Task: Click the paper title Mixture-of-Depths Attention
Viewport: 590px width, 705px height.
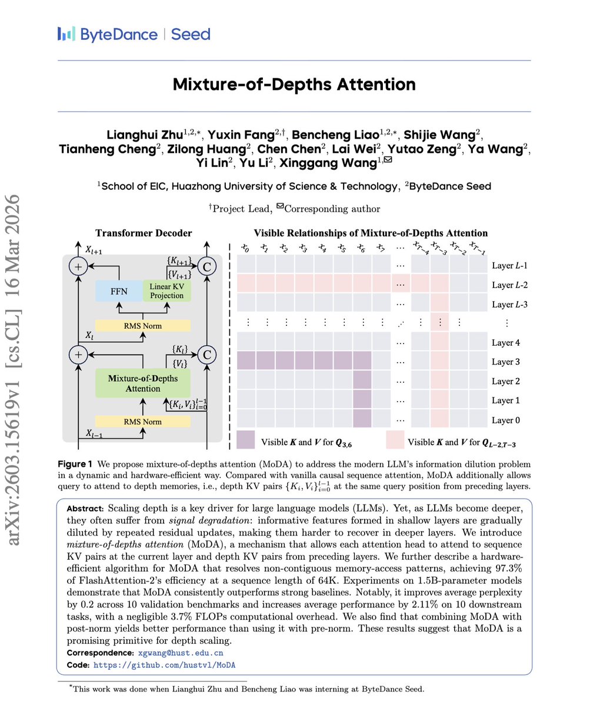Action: pos(294,83)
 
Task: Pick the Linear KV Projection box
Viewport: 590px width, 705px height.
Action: pos(167,290)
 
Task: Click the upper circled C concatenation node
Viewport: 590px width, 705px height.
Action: pos(206,266)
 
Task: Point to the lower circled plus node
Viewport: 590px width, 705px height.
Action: pos(78,355)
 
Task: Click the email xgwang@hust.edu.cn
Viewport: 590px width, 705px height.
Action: pos(181,653)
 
